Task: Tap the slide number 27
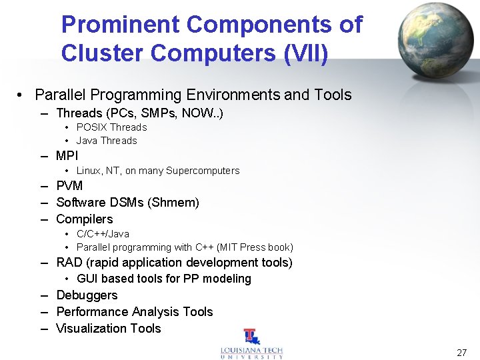[x=461, y=353]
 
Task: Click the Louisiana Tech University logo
[x=251, y=345]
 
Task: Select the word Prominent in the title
[x=120, y=25]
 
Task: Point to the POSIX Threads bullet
[x=111, y=127]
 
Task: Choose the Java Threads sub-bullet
[x=107, y=141]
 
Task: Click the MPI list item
[x=67, y=156]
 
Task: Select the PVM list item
[x=69, y=186]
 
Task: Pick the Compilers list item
[x=84, y=219]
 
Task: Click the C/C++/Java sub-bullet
[x=103, y=234]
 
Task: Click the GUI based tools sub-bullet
[x=163, y=279]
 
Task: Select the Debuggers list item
[x=87, y=295]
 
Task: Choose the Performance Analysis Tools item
[x=134, y=312]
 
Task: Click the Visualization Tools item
[x=108, y=329]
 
